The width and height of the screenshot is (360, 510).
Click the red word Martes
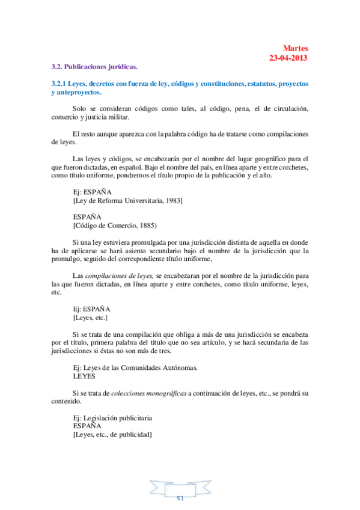[295, 48]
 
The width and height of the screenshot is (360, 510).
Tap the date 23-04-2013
[288, 58]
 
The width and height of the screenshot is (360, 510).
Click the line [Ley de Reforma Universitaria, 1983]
[127, 200]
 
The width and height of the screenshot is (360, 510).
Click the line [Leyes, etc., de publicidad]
[112, 434]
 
